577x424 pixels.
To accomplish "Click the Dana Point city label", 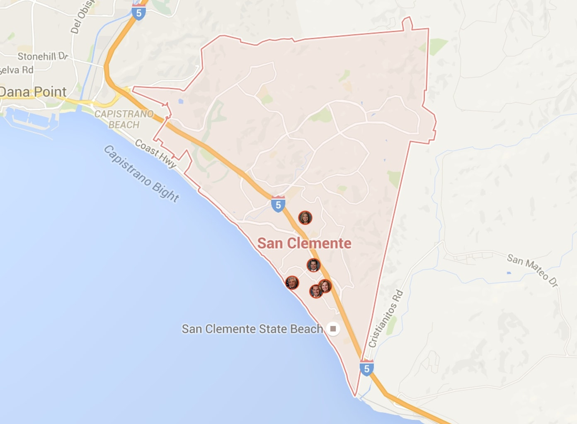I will coord(33,92).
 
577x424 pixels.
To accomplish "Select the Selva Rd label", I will coord(17,70).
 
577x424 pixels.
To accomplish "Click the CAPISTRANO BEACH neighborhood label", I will coord(124,119).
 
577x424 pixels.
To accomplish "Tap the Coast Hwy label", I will coord(156,154).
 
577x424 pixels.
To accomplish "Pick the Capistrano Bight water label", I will coord(141,173).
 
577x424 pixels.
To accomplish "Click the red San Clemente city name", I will coord(304,243).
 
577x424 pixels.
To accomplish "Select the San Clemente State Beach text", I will coord(252,329).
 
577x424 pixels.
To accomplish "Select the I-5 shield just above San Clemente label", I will coord(278,204).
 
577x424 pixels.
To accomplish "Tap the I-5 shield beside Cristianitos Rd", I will coord(366,368).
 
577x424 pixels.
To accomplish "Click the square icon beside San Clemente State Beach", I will coord(333,329).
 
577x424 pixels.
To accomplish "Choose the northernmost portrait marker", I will coord(305,217).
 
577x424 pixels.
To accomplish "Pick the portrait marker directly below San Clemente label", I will coord(313,265).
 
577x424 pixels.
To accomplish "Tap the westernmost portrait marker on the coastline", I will coord(292,282).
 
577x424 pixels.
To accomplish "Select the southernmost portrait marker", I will coord(316,291).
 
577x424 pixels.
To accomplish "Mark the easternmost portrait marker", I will coord(325,286).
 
